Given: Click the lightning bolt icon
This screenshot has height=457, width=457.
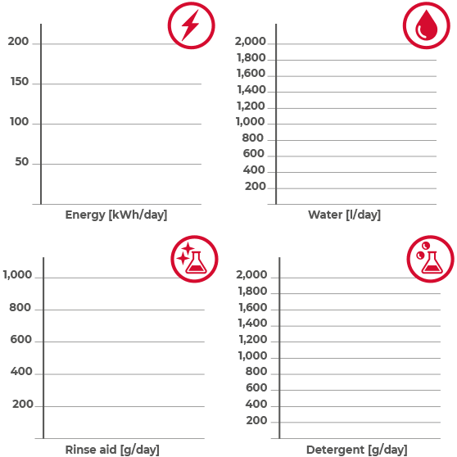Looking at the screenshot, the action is point(191,25).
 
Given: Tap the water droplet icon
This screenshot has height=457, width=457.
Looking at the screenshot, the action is point(427,25).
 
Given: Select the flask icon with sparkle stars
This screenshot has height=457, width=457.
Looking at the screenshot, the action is point(194,259).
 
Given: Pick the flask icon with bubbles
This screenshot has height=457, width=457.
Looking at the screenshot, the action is point(431,259).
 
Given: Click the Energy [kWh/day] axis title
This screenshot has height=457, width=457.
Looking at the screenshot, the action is point(116,215).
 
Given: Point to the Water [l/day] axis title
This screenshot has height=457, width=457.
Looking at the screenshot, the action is point(344,215).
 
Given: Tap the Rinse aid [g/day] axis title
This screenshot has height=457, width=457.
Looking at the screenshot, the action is point(112,450).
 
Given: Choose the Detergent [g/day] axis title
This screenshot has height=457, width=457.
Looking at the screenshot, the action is point(357,450).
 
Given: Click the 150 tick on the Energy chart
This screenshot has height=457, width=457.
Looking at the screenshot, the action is point(20,81).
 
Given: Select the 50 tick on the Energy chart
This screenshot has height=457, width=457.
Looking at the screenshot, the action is point(22,161).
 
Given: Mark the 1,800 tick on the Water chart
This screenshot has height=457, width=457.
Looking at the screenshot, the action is point(251,57).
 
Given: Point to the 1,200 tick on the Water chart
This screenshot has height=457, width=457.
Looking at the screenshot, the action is point(251,106).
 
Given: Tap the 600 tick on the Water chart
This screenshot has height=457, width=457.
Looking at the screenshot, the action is point(254,154).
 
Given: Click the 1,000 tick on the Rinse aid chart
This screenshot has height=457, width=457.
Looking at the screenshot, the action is point(17,274).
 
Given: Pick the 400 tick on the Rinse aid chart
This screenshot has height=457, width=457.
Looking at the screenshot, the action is point(21,371).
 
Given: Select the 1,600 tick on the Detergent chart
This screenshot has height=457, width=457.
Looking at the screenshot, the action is point(253,307).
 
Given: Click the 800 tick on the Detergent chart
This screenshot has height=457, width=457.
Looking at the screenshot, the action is point(256,371).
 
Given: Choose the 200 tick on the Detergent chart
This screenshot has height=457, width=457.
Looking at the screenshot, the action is point(256,420).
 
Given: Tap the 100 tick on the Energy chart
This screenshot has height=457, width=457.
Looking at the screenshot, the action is point(19,121).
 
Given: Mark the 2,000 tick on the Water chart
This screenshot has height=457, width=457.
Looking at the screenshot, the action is point(251,42).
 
